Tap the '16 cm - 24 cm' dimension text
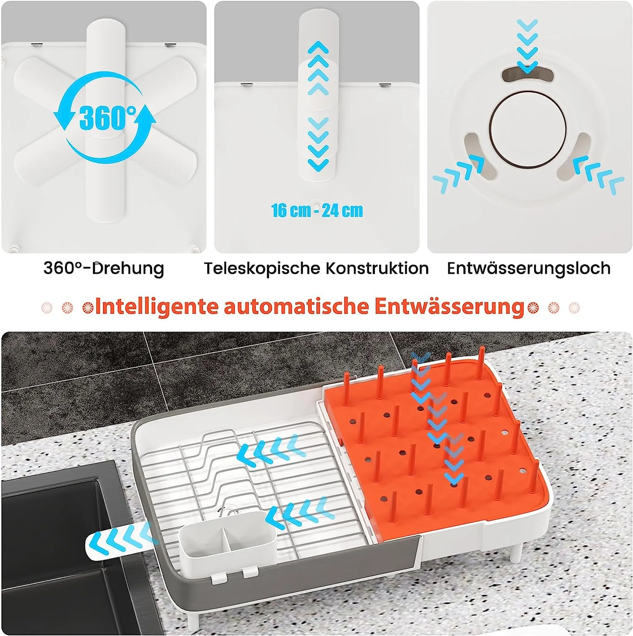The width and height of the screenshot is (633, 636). pos(317,210)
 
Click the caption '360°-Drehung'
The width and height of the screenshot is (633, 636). pos(104,269)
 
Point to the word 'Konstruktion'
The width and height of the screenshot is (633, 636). pos(377,268)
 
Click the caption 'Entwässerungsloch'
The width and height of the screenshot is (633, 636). pos(529,269)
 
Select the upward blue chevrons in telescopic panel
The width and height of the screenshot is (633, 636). pos(318,68)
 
